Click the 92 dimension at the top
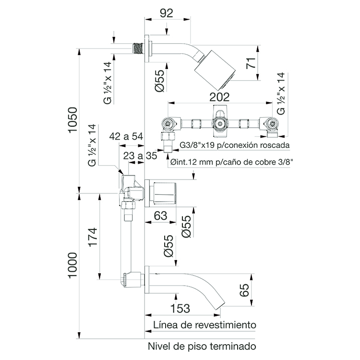(167, 13)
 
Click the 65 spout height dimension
(244, 291)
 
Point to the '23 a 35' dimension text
(140, 156)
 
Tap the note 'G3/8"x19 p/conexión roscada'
(234, 145)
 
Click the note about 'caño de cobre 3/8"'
(232, 162)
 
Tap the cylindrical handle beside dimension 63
(164, 193)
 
